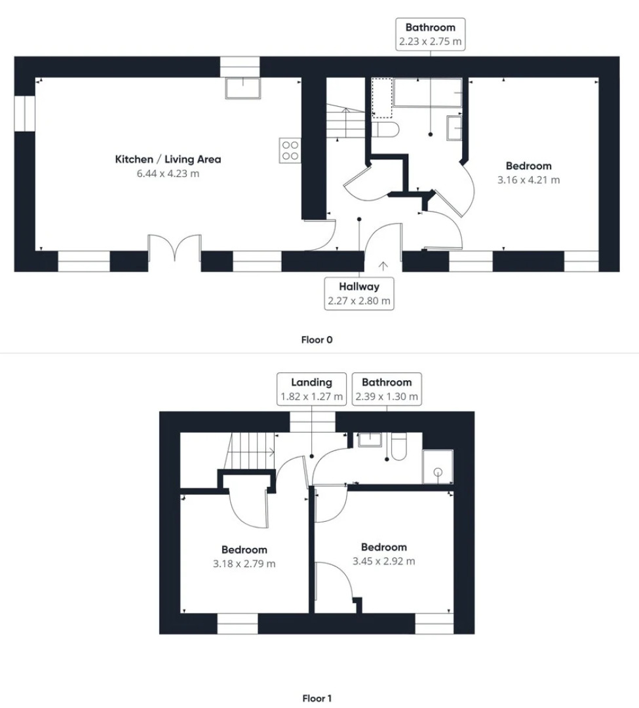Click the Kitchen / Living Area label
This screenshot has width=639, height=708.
[x=168, y=159]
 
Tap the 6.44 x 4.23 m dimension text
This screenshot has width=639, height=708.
[x=168, y=174]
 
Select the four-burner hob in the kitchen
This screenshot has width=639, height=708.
[x=290, y=150]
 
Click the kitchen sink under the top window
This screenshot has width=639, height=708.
[x=242, y=88]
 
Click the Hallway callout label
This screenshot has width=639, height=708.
[x=359, y=286]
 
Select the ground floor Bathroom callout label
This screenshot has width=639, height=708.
[x=430, y=28]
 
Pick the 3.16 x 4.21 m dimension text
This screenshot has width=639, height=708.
[x=528, y=180]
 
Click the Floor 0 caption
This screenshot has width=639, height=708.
[x=317, y=340]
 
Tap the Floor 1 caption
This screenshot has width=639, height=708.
[x=317, y=698]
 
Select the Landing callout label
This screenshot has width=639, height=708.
[x=312, y=382]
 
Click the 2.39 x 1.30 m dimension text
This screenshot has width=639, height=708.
[x=387, y=397]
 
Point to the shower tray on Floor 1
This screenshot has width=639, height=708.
[x=437, y=467]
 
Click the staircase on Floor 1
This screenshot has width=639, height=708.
[x=250, y=452]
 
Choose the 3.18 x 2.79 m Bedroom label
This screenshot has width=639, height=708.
[x=244, y=550]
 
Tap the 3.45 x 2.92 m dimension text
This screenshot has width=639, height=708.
[x=383, y=561]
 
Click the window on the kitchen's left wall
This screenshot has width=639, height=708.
[x=24, y=113]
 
